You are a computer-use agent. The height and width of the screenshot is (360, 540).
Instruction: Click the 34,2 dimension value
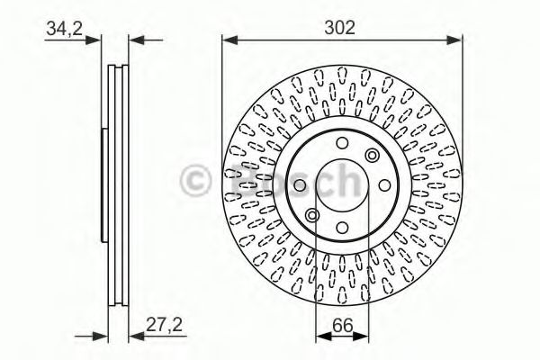point(65,28)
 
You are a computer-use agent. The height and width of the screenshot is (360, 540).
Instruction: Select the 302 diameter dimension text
point(339,28)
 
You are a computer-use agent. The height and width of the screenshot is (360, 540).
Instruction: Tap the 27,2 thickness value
point(164,324)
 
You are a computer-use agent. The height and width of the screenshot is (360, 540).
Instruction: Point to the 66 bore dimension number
point(343,326)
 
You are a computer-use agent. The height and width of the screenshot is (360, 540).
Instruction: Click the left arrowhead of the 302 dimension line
point(230,40)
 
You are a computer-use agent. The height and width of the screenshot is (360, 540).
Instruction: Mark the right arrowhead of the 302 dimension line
point(454,40)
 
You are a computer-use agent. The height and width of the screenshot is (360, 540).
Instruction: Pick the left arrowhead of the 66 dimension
point(324,337)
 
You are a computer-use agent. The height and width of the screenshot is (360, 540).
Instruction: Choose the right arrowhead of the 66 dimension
point(361,337)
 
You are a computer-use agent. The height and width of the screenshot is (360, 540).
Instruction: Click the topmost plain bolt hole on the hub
point(342,142)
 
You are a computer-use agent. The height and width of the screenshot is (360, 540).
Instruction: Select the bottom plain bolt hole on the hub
point(342,228)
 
